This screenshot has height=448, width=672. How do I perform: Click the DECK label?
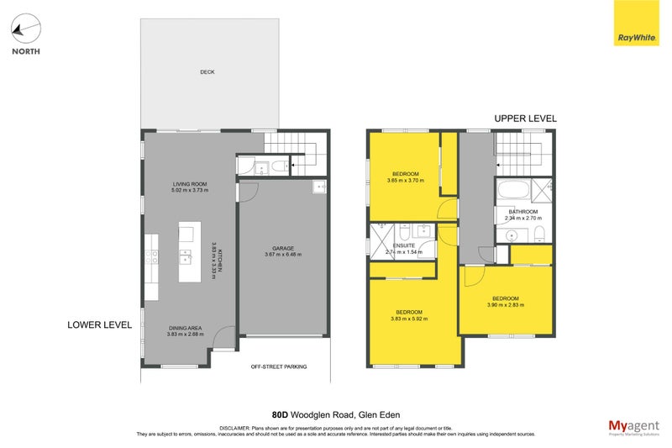tap(207, 72)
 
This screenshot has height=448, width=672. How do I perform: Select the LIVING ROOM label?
tap(190, 184)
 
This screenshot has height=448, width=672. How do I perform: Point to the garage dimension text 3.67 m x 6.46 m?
tap(283, 255)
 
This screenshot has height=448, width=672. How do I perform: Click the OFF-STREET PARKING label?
tap(279, 367)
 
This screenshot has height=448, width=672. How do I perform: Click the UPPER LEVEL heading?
tap(525, 119)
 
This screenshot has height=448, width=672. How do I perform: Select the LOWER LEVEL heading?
tap(99, 324)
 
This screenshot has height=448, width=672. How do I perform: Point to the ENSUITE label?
tap(404, 245)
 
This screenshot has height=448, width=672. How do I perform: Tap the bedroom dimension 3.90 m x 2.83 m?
tap(505, 305)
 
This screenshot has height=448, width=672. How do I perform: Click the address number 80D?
tap(282, 414)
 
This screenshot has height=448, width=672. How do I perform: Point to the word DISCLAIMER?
tap(239, 427)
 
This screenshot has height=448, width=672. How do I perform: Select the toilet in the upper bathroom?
tap(540, 233)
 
